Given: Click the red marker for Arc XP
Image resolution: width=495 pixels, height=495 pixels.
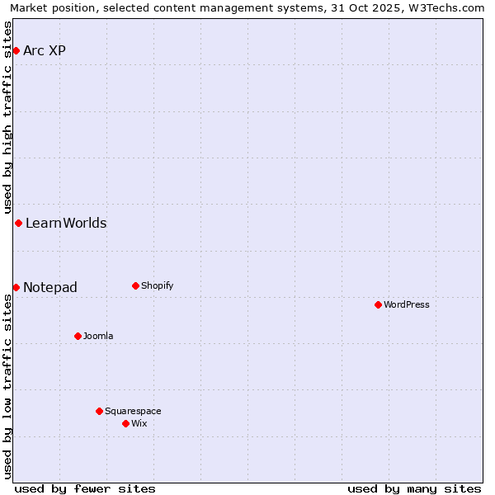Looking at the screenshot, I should [16, 51].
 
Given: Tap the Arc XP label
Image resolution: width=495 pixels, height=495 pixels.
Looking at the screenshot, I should [45, 51].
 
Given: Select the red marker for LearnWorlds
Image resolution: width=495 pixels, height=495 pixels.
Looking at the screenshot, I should [18, 224].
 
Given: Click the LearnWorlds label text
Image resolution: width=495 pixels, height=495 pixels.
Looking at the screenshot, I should [66, 224].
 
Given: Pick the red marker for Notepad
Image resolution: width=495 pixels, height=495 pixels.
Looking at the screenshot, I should [16, 287].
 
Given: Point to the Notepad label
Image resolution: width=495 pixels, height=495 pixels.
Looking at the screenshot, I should [50, 288].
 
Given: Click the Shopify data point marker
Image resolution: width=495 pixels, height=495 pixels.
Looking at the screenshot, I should [135, 286].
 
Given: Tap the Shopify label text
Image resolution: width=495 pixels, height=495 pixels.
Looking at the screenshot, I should [157, 286].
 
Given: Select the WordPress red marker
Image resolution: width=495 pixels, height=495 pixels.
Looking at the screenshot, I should [378, 305].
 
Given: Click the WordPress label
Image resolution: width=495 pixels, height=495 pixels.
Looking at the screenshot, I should [407, 305].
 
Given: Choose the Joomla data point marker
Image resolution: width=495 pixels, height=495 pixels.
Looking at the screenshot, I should [78, 336].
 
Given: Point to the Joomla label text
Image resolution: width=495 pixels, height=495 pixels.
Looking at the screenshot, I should [98, 337].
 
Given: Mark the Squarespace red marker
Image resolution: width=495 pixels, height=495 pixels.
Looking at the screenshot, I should [99, 411].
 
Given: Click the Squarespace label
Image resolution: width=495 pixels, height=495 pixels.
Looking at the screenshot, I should [133, 412].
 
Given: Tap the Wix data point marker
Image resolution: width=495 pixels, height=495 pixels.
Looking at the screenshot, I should [125, 423].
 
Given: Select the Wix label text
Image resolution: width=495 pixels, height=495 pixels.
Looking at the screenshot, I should [139, 424].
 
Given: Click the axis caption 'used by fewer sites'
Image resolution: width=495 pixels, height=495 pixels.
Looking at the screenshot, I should [85, 488].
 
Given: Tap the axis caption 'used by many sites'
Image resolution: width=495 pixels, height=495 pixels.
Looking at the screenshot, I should [414, 488].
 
